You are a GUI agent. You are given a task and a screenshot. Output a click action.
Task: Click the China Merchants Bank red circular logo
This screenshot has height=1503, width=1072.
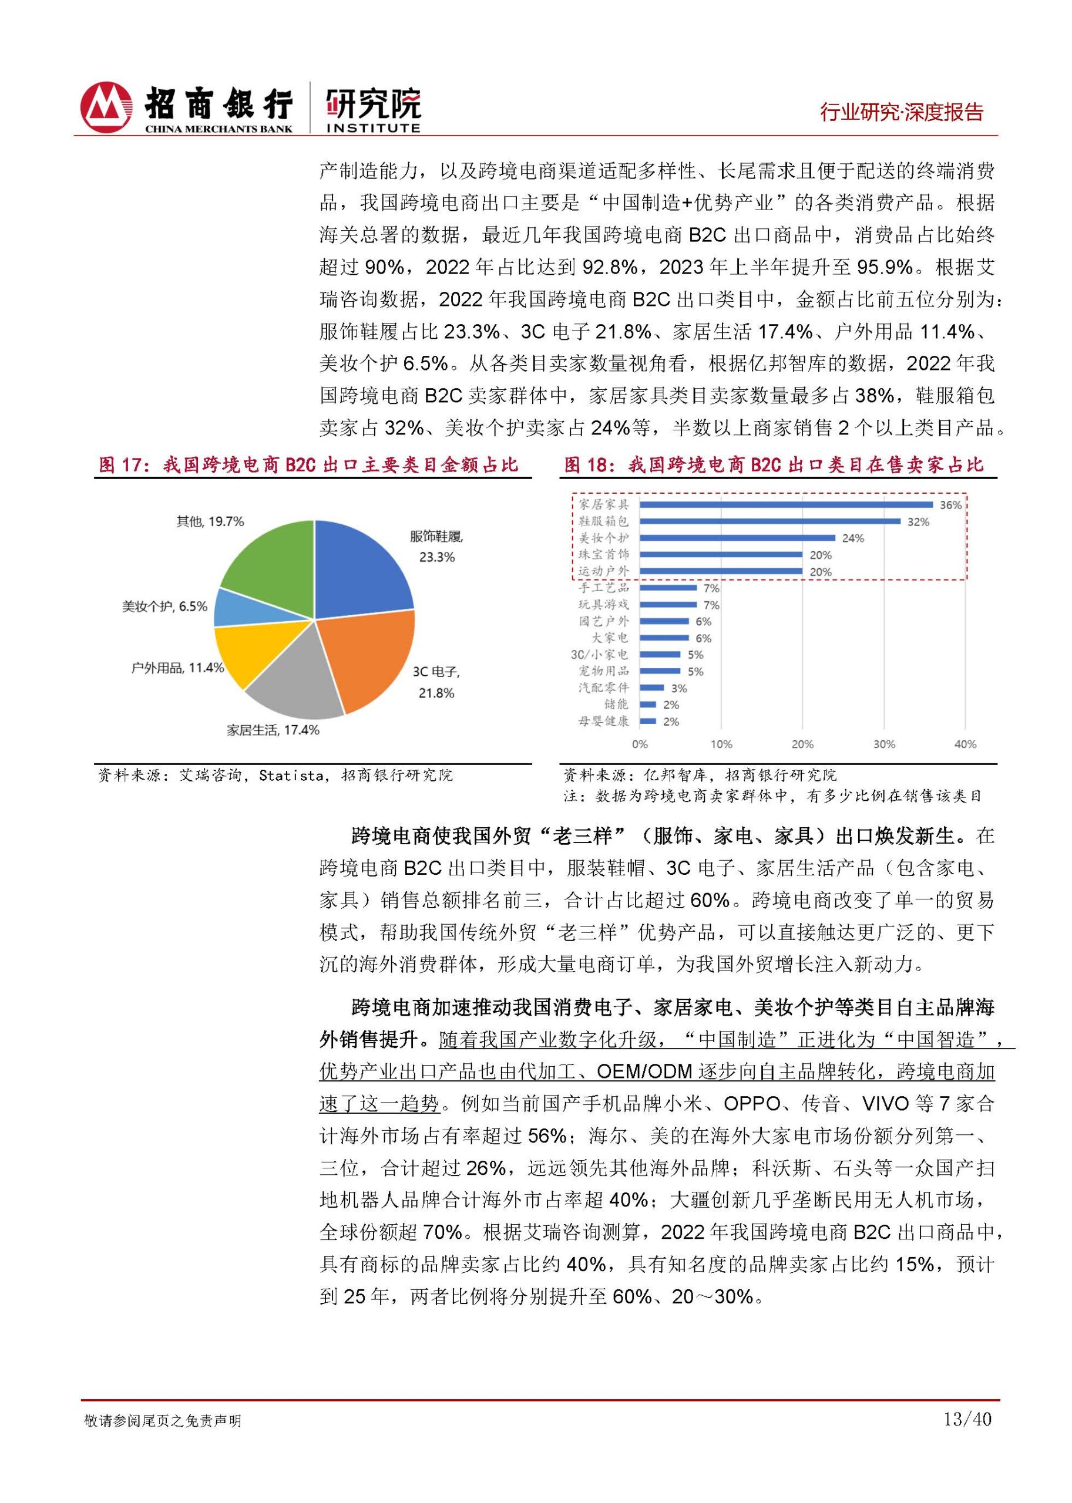coord(106,107)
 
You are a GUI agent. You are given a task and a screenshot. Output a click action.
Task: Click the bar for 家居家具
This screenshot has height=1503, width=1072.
coord(785,505)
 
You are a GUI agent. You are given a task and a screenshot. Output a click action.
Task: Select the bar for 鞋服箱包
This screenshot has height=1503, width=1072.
coord(769,521)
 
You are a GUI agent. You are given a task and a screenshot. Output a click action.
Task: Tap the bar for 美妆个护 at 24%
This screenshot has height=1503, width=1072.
coord(737,538)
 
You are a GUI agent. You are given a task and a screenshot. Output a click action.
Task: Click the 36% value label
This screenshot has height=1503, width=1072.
coord(950,506)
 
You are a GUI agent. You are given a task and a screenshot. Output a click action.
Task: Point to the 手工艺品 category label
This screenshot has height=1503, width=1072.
coord(603,588)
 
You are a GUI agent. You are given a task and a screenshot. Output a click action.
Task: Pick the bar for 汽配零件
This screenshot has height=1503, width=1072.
coord(651,688)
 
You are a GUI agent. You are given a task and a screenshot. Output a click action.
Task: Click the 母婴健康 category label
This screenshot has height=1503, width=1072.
coord(603,721)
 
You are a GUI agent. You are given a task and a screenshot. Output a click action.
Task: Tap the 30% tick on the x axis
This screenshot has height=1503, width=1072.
coord(884,744)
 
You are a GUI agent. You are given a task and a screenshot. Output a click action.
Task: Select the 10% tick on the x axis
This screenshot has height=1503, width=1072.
coord(721,744)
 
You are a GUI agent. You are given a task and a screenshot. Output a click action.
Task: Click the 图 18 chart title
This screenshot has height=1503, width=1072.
coord(773,465)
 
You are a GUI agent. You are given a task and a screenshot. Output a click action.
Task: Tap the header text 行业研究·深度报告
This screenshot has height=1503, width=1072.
coord(902,112)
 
